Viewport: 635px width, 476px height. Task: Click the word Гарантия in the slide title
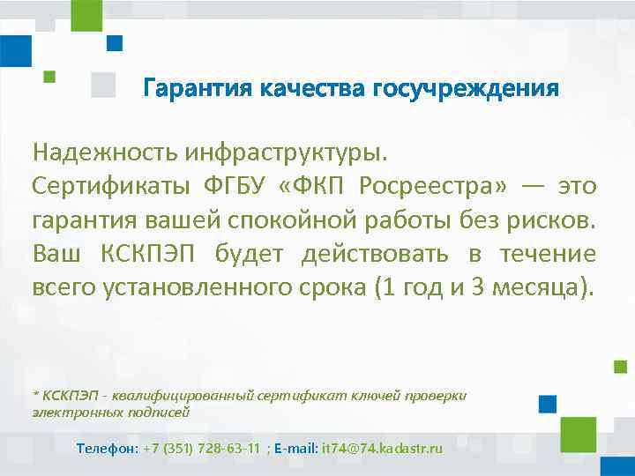[195, 89]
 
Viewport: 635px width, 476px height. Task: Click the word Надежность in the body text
[106, 152]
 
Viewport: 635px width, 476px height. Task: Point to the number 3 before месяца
[477, 286]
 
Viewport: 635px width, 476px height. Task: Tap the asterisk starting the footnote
[35, 394]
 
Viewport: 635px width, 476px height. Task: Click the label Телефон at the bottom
[107, 449]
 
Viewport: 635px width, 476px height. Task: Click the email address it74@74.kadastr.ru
[383, 449]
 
